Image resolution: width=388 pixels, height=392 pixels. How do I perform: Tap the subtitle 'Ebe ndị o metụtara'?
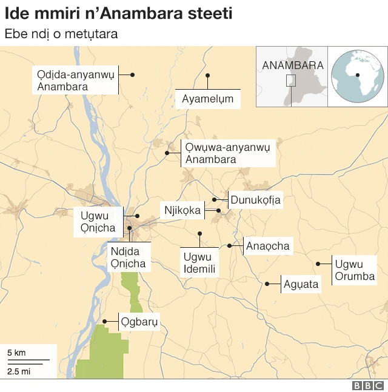pyautogui.click(x=61, y=34)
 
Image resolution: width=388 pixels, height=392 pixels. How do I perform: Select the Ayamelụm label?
pyautogui.click(x=208, y=99)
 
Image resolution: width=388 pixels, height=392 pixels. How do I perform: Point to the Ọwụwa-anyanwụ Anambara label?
pyautogui.click(x=229, y=153)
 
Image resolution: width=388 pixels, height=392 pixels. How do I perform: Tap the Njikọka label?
pyautogui.click(x=182, y=211)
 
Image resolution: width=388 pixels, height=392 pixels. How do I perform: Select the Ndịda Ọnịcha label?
pyautogui.click(x=128, y=257)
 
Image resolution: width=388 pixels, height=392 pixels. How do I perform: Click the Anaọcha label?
pyautogui.click(x=268, y=246)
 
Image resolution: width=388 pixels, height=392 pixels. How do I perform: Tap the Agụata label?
pyautogui.click(x=301, y=284)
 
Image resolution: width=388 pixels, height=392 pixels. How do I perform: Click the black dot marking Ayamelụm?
pyautogui.click(x=207, y=76)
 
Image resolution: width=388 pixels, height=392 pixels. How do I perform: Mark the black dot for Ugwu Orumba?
pyautogui.click(x=318, y=264)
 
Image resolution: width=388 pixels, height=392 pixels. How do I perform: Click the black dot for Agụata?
pyautogui.click(x=267, y=284)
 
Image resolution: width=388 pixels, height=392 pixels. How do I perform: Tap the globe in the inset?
pyautogui.click(x=357, y=76)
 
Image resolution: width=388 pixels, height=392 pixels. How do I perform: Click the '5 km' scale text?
pyautogui.click(x=16, y=353)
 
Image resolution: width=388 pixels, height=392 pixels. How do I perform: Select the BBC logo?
pyautogui.click(x=368, y=385)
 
